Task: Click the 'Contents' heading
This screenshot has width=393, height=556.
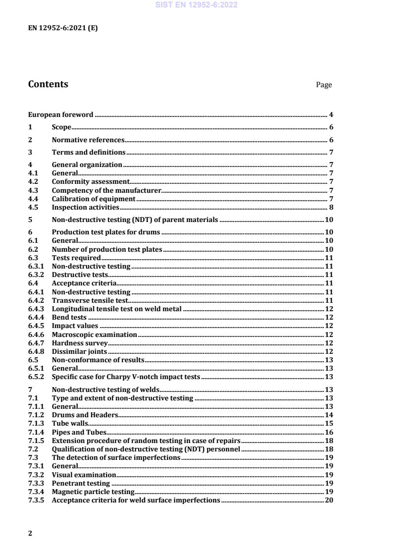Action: tap(48, 84)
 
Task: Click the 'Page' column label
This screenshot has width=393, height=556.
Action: tap(324, 85)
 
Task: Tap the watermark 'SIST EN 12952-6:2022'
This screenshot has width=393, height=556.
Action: tap(196, 5)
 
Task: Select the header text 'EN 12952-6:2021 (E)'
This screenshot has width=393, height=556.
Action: tap(63, 28)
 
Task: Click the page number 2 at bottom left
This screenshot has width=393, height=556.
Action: tap(30, 533)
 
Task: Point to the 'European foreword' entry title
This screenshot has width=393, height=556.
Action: tap(60, 114)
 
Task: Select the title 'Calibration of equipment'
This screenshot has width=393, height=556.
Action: tap(87, 199)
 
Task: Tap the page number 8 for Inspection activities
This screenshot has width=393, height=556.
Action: tap(331, 207)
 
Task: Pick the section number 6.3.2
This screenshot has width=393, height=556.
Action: tap(36, 274)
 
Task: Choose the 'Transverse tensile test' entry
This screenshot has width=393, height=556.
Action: tap(90, 300)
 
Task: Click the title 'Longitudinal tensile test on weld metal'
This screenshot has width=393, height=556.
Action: tap(116, 308)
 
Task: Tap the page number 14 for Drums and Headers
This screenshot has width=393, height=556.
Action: tap(329, 414)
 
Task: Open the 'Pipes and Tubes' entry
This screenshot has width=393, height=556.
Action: tap(79, 432)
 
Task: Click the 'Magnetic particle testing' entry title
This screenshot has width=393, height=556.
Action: tap(93, 491)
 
